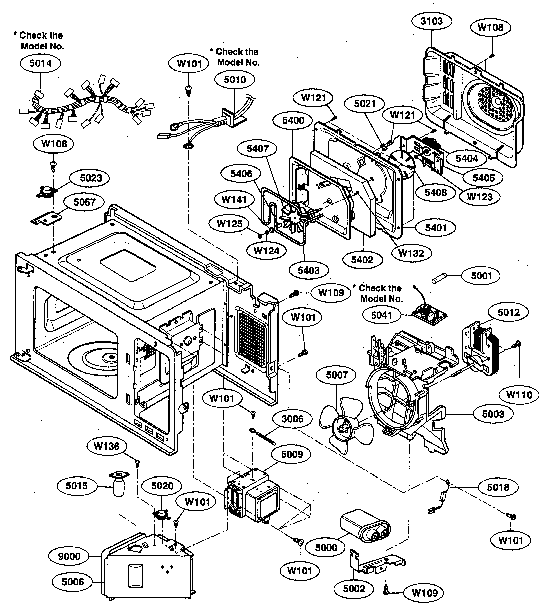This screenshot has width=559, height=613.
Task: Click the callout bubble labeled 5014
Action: (40, 63)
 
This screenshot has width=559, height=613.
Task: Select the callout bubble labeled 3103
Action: (432, 21)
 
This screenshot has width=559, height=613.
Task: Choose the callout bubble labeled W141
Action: (234, 200)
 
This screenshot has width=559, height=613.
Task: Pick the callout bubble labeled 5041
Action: (381, 315)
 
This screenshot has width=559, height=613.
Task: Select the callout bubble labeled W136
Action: (107, 446)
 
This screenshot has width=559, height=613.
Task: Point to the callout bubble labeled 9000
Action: (69, 556)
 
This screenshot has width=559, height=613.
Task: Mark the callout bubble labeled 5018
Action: (498, 487)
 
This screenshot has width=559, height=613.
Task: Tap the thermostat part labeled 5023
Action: (46, 192)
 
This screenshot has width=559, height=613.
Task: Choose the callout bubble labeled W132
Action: (411, 253)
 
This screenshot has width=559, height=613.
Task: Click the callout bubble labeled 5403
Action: (308, 270)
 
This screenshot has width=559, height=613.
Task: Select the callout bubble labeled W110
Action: (519, 395)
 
